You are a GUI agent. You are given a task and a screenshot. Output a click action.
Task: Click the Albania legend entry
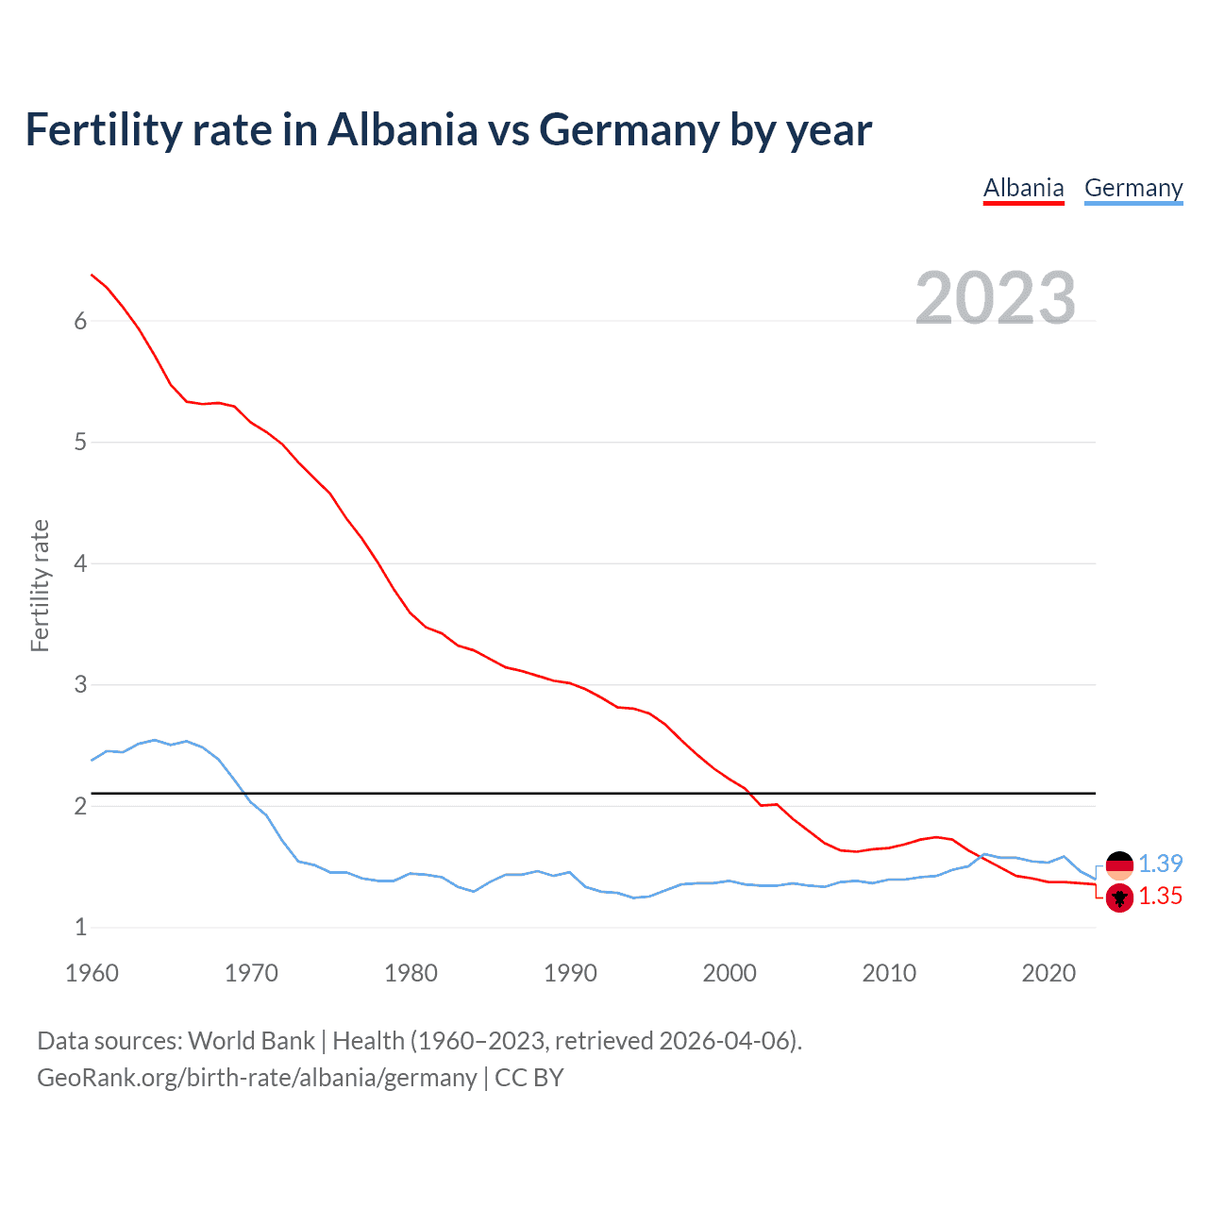click(x=1023, y=188)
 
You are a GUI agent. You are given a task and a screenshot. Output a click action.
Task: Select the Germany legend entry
click(x=1132, y=188)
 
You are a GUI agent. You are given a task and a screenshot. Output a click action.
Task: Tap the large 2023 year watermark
click(x=996, y=298)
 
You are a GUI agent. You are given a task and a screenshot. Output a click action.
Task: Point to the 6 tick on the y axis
click(x=80, y=321)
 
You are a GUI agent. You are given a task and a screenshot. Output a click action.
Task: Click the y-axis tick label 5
click(x=80, y=442)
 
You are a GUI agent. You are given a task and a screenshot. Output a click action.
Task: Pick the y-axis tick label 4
click(x=80, y=563)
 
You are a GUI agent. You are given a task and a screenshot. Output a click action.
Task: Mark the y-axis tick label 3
click(x=80, y=684)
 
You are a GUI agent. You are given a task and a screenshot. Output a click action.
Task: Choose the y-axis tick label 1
click(x=80, y=927)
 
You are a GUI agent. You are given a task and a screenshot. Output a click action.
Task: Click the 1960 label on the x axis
click(x=92, y=973)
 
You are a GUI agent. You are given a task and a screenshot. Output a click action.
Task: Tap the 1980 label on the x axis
click(x=411, y=973)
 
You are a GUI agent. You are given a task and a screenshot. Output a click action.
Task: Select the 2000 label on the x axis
click(x=730, y=973)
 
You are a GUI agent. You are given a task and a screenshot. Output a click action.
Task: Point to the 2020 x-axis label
click(x=1049, y=973)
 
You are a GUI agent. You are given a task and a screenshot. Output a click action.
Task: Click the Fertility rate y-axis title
click(x=40, y=585)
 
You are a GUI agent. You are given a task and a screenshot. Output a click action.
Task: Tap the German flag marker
click(x=1119, y=864)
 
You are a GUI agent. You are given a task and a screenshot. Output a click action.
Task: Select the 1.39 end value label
click(x=1160, y=864)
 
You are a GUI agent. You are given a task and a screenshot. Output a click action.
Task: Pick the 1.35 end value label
click(x=1160, y=897)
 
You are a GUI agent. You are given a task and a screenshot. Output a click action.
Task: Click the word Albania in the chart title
click(x=402, y=129)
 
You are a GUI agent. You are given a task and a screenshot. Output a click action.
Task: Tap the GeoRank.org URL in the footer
click(x=257, y=1078)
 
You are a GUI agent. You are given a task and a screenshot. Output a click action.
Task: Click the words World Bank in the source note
click(x=251, y=1041)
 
